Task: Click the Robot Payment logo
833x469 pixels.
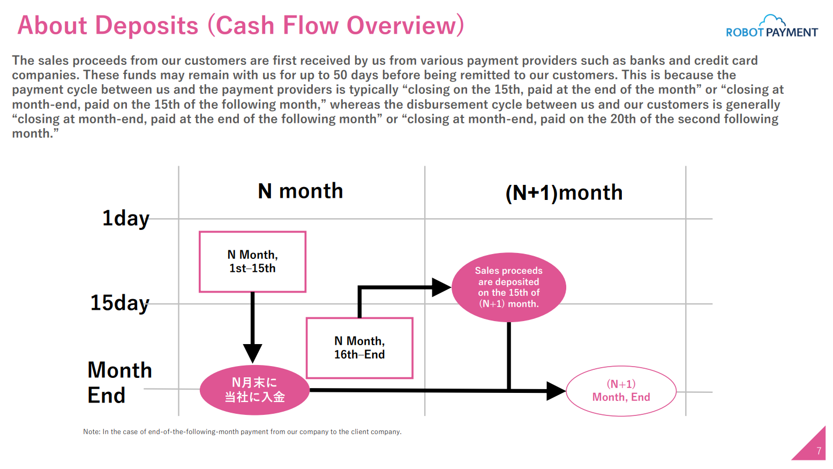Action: (x=771, y=26)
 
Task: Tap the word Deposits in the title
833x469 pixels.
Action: (x=147, y=26)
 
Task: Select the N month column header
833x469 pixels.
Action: (x=300, y=191)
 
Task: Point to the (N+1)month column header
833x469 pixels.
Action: (x=564, y=193)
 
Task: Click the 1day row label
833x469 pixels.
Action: (x=126, y=218)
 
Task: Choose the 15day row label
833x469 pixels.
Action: (x=120, y=303)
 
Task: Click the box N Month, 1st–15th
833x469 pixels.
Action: (x=252, y=262)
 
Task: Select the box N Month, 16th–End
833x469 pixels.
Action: (x=359, y=348)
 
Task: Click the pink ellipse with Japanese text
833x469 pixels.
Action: (x=255, y=390)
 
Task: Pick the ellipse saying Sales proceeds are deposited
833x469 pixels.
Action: (x=509, y=287)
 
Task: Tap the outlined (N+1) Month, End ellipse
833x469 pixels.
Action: (x=621, y=391)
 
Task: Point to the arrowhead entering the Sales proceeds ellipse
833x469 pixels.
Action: (x=442, y=287)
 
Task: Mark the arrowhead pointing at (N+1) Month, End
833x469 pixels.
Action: (x=557, y=391)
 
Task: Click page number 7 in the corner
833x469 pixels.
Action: (x=819, y=451)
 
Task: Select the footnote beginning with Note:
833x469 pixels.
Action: (x=242, y=432)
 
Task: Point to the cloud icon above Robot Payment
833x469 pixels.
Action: (x=772, y=21)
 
